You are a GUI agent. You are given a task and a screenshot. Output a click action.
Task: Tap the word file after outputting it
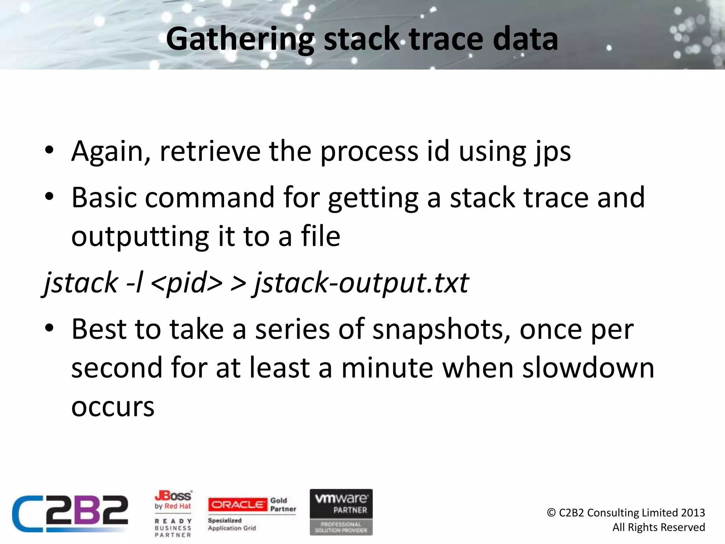(x=320, y=236)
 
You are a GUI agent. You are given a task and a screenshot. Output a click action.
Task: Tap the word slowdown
(x=588, y=368)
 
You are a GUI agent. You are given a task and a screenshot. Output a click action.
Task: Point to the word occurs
(x=113, y=407)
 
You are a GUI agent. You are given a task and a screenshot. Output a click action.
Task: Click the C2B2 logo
(x=70, y=513)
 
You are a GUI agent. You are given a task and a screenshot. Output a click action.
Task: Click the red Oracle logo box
(x=237, y=504)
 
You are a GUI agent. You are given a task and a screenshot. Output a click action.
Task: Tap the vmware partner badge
(x=341, y=512)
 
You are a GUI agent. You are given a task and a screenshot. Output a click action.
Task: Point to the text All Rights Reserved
(x=658, y=527)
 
